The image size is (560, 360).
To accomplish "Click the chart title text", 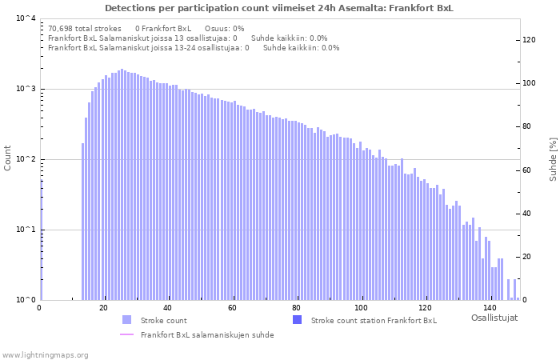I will pyautogui.click(x=278, y=8).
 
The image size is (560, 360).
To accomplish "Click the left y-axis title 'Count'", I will pyautogui.click(x=8, y=158).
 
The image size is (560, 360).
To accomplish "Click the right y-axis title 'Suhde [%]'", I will pyautogui.click(x=552, y=158).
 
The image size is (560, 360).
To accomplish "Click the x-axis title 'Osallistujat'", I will pyautogui.click(x=494, y=318).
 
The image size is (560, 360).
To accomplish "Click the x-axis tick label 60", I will pyautogui.click(x=232, y=308).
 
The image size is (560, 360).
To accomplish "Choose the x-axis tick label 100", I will pyautogui.click(x=362, y=308).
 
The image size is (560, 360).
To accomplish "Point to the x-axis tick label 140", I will pyautogui.click(x=490, y=308).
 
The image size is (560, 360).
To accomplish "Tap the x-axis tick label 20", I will pyautogui.click(x=103, y=308).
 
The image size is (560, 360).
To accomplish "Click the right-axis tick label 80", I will pyautogui.click(x=528, y=126).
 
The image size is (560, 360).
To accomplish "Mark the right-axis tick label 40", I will pyautogui.click(x=528, y=214).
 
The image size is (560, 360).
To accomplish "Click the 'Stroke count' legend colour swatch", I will pyautogui.click(x=126, y=320).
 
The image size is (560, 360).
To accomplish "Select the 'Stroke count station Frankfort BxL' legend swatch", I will pyautogui.click(x=297, y=320).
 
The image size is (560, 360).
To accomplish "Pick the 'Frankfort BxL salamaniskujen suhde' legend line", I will pyautogui.click(x=126, y=334).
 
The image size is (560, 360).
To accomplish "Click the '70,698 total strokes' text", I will pyautogui.click(x=85, y=28).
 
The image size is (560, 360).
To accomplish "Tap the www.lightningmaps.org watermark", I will pyautogui.click(x=46, y=354).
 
